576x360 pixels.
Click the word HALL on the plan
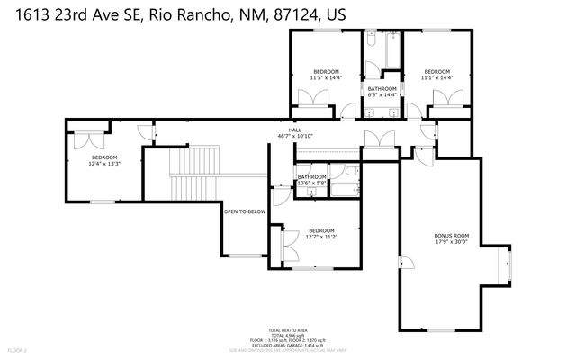[294, 130]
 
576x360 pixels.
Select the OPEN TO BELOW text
[244, 211]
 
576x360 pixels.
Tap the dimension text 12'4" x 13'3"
[104, 164]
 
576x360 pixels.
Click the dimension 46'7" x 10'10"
[294, 137]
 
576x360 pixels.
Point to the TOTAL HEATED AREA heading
[289, 330]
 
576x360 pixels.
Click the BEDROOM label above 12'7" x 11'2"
[321, 230]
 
